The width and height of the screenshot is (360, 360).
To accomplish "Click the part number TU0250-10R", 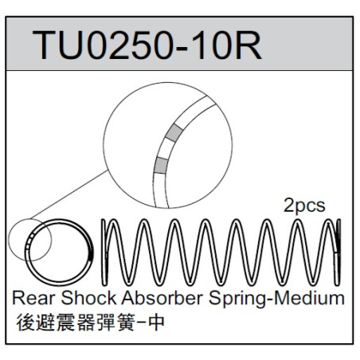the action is click(147, 45).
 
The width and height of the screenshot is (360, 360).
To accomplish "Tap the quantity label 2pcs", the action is click(304, 205).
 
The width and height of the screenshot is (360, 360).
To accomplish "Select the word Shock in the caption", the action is click(88, 298).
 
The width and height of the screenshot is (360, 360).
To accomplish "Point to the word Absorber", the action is click(162, 298).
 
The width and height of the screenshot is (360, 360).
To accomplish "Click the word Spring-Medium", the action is click(276, 299).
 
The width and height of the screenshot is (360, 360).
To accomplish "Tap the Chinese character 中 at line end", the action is click(157, 323).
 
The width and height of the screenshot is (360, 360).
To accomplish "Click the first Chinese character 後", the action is click(25, 323).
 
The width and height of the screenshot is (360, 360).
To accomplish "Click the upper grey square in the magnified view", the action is click(174, 132).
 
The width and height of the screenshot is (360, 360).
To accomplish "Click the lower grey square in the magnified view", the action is click(161, 165).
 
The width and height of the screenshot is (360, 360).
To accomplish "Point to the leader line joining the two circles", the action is click(69, 194).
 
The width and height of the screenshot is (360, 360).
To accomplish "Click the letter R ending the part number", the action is click(248, 45).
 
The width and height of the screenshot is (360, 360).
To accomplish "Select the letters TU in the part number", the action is click(59, 45).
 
